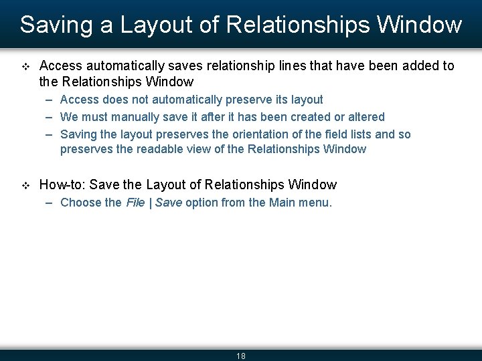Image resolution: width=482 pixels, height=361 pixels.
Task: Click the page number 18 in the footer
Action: click(x=241, y=356)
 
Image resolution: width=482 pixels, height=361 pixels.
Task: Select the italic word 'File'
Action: click(x=135, y=203)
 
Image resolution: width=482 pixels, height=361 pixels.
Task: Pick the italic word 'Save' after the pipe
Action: click(x=168, y=203)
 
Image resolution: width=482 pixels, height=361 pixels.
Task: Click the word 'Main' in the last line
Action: click(x=282, y=203)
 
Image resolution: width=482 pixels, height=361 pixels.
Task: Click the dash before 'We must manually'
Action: click(x=50, y=117)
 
